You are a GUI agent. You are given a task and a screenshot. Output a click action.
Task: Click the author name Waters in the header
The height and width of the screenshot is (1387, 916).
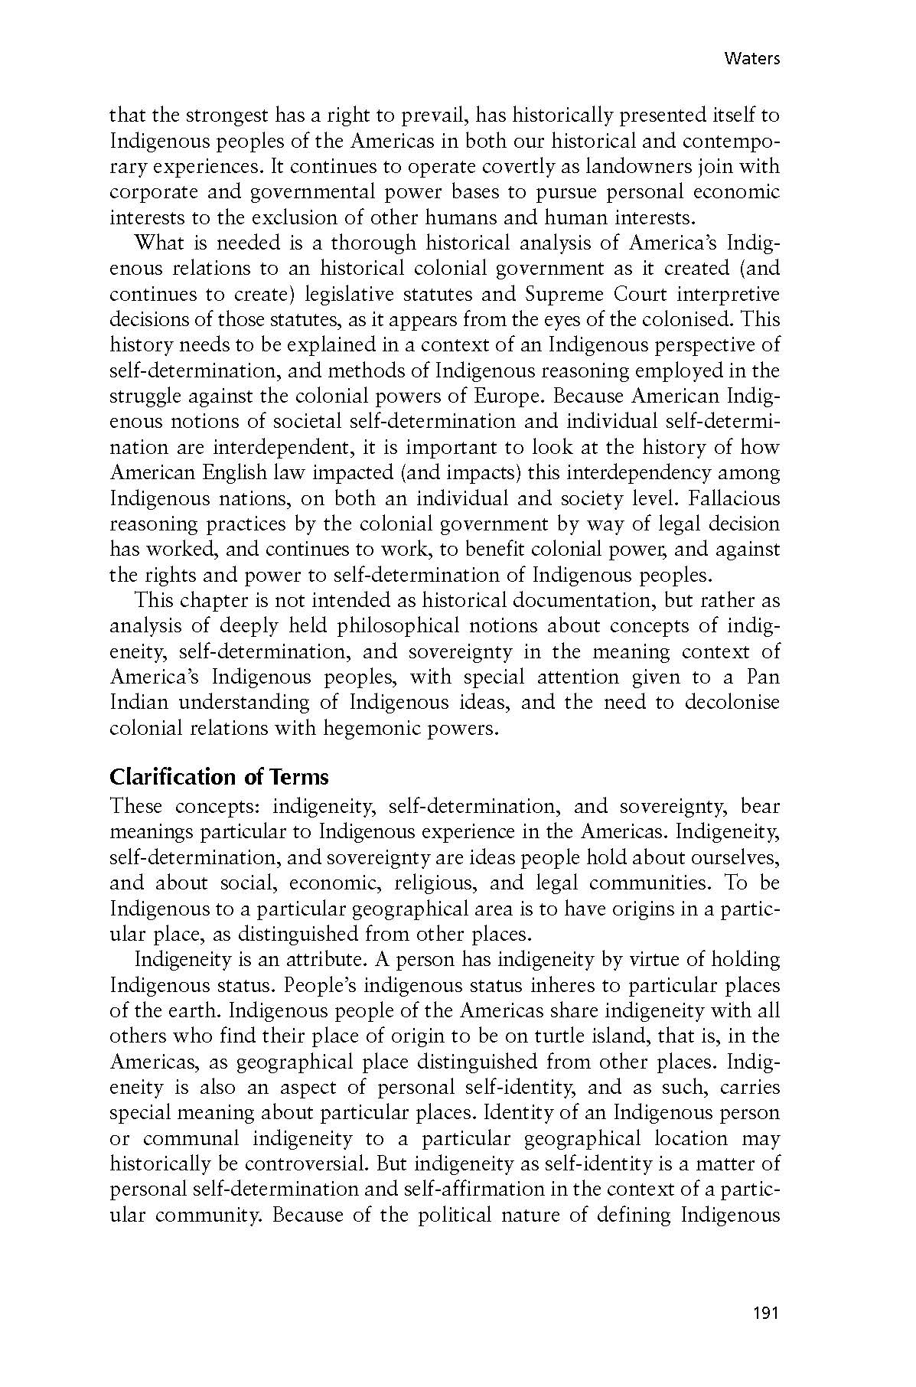click(751, 59)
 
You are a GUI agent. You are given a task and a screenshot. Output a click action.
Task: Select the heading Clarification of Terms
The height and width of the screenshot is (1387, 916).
click(219, 777)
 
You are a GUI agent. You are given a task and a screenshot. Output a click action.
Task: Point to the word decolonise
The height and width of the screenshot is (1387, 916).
click(732, 702)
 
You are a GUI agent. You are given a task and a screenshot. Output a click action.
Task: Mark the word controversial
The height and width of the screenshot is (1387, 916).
click(325, 1163)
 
